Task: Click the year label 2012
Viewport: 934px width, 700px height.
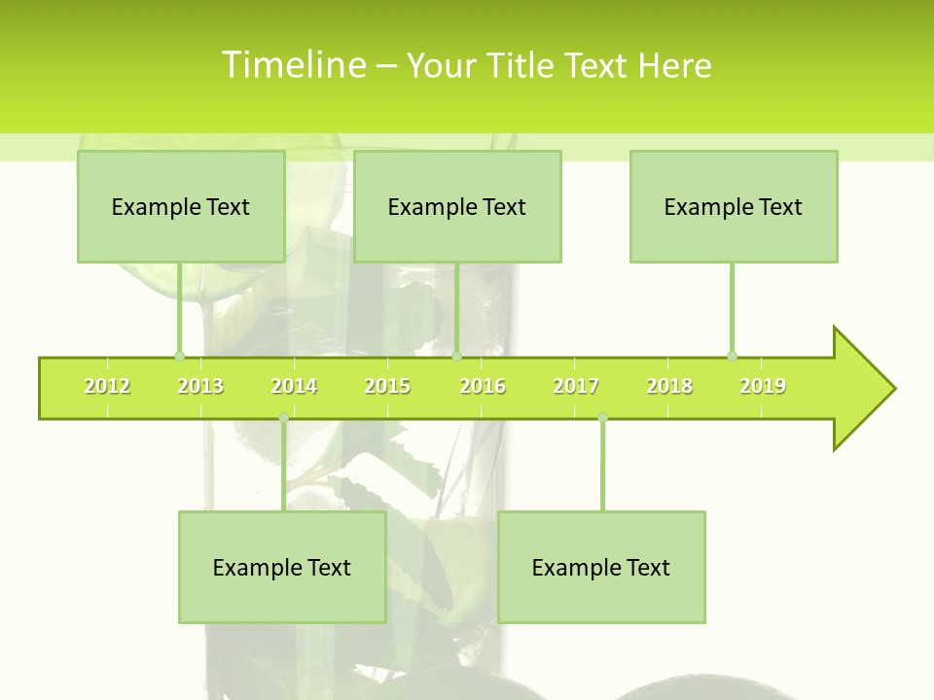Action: pos(107,386)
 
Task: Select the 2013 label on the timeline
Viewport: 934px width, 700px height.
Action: pos(200,386)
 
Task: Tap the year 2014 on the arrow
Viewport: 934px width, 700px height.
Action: pos(294,386)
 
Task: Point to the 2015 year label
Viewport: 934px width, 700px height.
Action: pos(387,386)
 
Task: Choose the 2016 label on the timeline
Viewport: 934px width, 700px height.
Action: pos(483,386)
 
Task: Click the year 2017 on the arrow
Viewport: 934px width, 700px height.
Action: pos(576,386)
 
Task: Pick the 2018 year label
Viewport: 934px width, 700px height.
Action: pos(669,386)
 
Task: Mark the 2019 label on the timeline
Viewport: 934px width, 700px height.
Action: pos(763,386)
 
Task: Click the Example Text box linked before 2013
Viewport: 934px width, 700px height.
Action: pos(181,206)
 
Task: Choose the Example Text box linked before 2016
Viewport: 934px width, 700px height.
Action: pos(457,206)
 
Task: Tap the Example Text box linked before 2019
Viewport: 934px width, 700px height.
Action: pos(734,206)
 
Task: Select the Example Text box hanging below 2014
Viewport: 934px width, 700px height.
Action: pos(282,567)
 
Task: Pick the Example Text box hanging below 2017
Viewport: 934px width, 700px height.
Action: pos(601,567)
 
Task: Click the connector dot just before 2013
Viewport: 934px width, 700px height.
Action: pos(179,356)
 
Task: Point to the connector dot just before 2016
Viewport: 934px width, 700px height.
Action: pos(457,356)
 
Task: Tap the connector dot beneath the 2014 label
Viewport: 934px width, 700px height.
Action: pos(283,418)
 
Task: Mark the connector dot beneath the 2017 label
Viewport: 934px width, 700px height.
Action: pos(602,418)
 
